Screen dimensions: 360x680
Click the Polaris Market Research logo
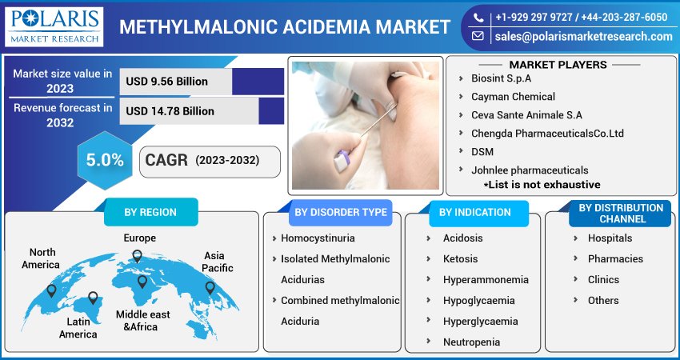(54, 26)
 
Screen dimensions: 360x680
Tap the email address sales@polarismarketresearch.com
(582, 37)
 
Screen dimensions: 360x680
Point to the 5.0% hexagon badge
(105, 160)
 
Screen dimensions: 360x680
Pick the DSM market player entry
(482, 151)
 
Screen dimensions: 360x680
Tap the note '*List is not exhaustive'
(542, 184)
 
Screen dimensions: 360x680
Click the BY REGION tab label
(150, 213)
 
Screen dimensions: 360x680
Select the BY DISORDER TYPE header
(340, 213)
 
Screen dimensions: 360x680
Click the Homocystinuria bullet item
(318, 238)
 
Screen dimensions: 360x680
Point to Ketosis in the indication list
(460, 259)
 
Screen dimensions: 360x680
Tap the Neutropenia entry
(471, 342)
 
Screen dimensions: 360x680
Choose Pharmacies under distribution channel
(614, 259)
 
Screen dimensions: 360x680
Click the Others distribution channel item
(602, 301)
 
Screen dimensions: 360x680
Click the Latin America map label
(78, 328)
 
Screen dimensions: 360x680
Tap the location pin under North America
(53, 290)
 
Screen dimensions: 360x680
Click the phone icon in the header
(478, 17)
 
